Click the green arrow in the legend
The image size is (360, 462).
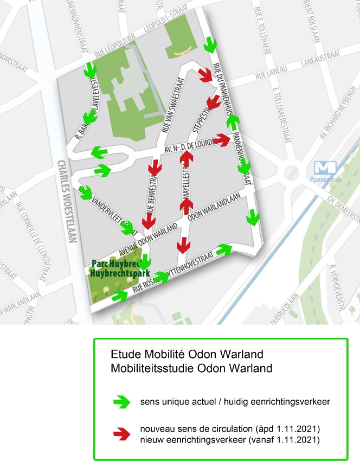[x=123, y=402]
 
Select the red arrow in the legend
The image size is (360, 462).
[x=123, y=433]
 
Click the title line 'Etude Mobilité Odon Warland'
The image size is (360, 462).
[x=187, y=355]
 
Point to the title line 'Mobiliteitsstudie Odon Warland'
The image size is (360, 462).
[x=191, y=368]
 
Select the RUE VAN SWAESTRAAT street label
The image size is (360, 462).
[x=173, y=106]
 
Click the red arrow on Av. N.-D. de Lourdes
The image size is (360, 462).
[x=222, y=140]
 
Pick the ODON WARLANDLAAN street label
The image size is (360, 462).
[x=215, y=210]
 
